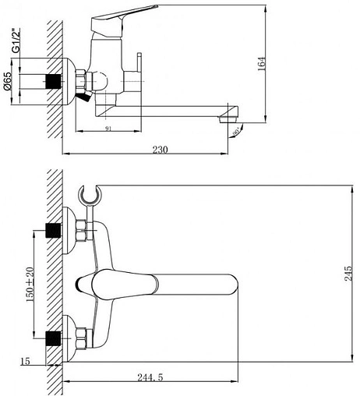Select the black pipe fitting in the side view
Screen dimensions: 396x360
tap(55, 81)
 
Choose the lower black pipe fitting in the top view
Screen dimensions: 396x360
tap(55, 338)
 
